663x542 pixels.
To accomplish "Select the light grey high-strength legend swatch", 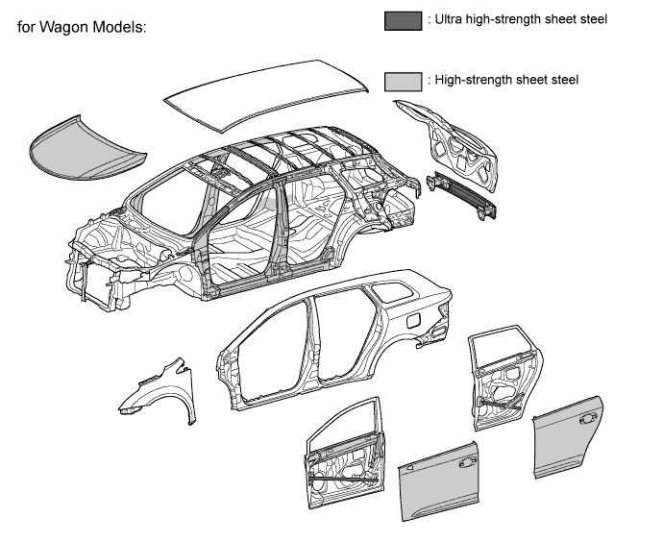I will click(402, 82).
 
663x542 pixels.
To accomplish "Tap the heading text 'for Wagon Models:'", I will click(82, 27).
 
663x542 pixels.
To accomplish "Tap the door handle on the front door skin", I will click(469, 463).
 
